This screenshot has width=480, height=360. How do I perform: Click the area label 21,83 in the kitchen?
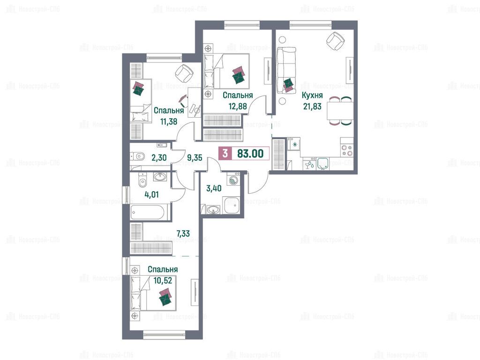312,106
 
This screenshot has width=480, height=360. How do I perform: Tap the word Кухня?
312,95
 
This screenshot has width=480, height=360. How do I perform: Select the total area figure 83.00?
250,153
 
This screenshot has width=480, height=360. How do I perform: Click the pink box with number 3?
225,153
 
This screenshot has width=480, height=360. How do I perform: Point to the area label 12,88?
238,106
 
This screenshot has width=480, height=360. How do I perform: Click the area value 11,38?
169,121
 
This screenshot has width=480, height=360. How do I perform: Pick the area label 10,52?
163,280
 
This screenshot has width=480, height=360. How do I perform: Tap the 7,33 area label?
183,233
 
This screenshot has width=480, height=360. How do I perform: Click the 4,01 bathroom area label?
151,194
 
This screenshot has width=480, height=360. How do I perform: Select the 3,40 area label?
214,188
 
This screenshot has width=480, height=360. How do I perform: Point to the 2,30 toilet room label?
159,157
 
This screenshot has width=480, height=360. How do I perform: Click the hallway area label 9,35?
195,157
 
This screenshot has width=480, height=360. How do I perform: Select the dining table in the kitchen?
340,111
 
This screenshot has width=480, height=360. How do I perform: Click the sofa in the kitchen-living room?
286,70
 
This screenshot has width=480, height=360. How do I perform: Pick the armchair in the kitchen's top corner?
336,41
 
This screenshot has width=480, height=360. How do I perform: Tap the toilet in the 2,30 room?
138,157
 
